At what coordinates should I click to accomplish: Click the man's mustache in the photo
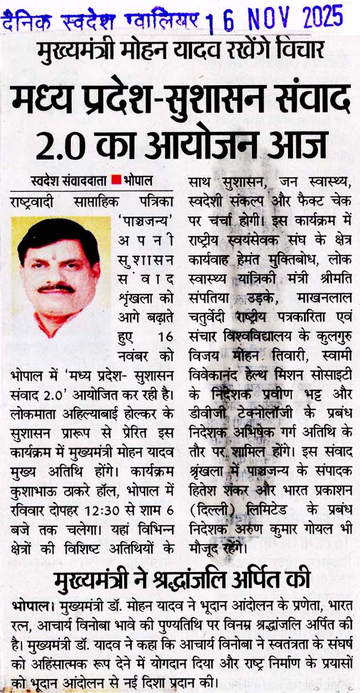click(x=56, y=288)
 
